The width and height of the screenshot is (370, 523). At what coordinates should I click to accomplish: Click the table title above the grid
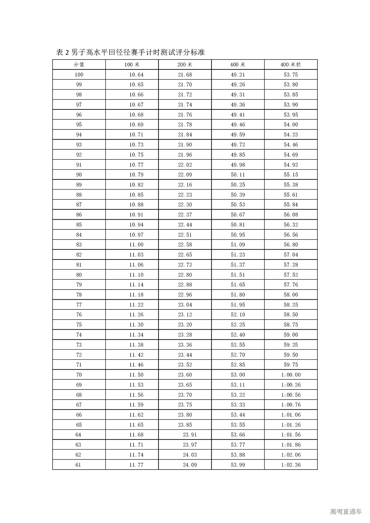tap(130, 52)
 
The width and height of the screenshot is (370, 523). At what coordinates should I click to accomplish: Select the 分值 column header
tap(79, 64)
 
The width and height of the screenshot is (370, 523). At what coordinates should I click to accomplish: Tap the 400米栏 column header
tap(291, 64)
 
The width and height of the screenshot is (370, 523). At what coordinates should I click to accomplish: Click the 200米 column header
tap(185, 64)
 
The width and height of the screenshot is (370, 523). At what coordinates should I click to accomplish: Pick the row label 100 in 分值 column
tap(79, 75)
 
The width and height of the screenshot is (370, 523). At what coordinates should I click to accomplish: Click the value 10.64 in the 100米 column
tap(136, 75)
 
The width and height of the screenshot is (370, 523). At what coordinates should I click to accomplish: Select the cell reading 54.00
tap(291, 125)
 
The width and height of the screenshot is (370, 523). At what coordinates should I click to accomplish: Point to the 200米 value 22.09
tap(185, 175)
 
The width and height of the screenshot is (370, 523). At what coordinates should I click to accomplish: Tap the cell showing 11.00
tap(136, 245)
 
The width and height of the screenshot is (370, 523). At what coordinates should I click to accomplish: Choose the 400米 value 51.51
tap(238, 275)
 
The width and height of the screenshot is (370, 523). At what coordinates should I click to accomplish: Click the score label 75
tap(79, 325)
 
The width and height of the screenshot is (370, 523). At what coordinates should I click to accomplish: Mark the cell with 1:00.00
tap(291, 375)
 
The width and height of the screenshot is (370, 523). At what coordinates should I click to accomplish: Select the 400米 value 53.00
tap(238, 375)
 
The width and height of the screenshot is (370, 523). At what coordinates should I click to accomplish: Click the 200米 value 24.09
tap(190, 465)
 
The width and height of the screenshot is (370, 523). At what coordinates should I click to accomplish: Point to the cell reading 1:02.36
tap(291, 465)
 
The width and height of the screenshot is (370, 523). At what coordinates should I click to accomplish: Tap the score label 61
tap(78, 465)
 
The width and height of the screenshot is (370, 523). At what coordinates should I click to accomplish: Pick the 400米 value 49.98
tap(238, 165)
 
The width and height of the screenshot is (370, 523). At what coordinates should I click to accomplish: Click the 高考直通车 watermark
tap(346, 512)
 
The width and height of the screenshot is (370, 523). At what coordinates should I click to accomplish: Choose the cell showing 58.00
tap(291, 295)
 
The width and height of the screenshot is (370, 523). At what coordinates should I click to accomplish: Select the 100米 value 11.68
tap(136, 435)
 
